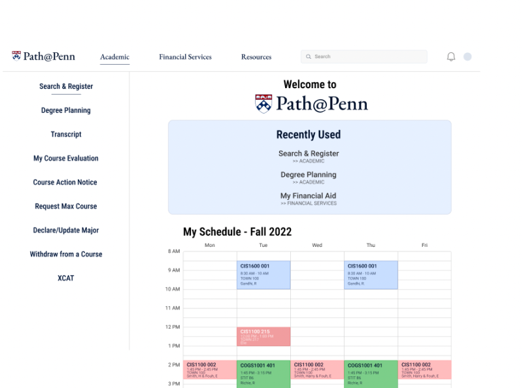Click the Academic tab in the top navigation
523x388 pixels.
click(x=114, y=57)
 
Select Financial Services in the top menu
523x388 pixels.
click(x=185, y=57)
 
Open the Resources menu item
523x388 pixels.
click(x=256, y=57)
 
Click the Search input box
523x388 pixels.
click(x=363, y=57)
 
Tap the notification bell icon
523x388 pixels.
click(x=451, y=57)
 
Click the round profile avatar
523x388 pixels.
click(x=467, y=57)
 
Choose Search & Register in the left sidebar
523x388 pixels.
click(x=66, y=86)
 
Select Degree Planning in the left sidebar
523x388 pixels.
click(x=66, y=110)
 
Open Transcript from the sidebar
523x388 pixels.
click(x=66, y=135)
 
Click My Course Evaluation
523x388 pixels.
click(x=66, y=158)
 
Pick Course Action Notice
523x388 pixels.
click(x=66, y=182)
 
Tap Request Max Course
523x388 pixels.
click(x=66, y=206)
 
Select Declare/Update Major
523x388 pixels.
click(x=66, y=230)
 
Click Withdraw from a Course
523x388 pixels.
click(x=66, y=254)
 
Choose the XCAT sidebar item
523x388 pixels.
click(x=66, y=278)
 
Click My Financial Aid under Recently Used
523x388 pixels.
click(x=309, y=196)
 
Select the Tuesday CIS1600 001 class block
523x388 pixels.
click(x=263, y=275)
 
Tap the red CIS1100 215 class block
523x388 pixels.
click(x=263, y=336)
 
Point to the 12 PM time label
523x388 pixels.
click(x=173, y=327)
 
